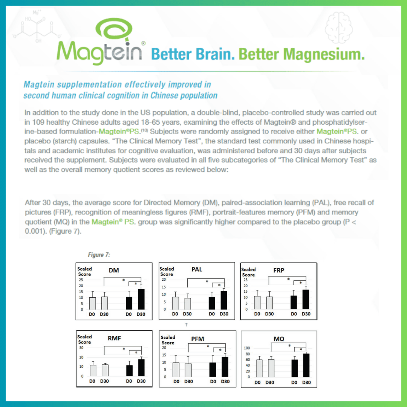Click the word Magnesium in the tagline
point(323,55)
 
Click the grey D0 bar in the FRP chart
point(257,303)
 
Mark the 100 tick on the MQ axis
point(247,348)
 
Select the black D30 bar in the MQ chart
point(306,365)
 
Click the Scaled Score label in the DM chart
point(84,272)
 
